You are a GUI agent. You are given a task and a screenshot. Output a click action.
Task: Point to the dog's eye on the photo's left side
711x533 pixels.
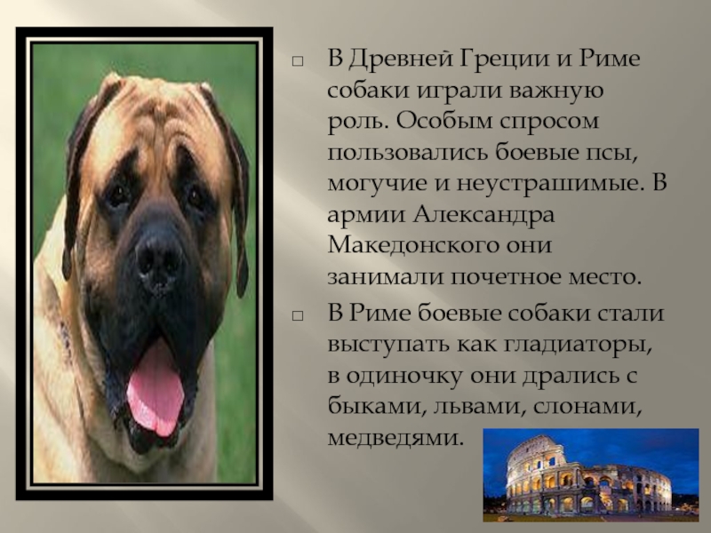point(119,193)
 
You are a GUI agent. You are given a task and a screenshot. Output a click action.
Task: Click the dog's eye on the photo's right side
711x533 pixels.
point(195,195)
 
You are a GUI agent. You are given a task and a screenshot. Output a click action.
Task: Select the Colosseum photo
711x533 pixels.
point(591,474)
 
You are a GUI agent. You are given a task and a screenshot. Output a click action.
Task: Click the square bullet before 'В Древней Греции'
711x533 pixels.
point(298,61)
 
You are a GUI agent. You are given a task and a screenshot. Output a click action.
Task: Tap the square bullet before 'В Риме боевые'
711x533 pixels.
point(298,316)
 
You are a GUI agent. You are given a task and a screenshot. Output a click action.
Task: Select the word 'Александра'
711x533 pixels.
point(483,214)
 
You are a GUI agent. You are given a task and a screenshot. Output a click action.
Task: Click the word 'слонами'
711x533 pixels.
point(587,407)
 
